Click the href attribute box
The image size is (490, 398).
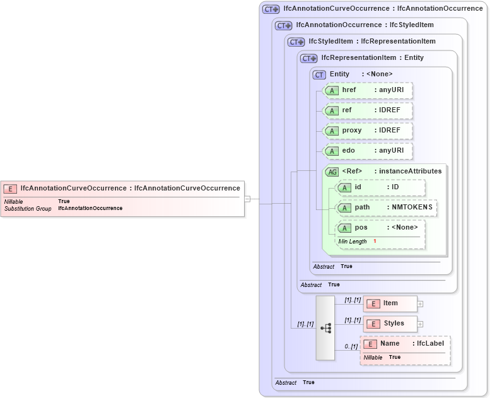[367, 90]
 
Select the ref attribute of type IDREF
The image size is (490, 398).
[367, 110]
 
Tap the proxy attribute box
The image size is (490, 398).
[367, 131]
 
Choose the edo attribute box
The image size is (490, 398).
[367, 151]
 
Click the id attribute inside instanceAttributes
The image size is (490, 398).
[380, 187]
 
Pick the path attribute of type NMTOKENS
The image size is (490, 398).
[385, 208]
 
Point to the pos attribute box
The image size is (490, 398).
[380, 228]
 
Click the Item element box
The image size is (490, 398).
[390, 303]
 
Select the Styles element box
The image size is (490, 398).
[390, 324]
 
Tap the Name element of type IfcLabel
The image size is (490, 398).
[405, 344]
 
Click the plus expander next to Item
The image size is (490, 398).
[421, 304]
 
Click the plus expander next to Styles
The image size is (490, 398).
[421, 324]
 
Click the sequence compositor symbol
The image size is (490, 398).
[325, 328]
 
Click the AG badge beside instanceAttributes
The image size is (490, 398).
[332, 172]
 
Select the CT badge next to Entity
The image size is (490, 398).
[320, 74]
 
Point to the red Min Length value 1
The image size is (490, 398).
[375, 242]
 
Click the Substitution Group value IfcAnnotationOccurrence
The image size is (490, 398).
[90, 208]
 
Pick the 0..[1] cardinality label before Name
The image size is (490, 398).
[351, 346]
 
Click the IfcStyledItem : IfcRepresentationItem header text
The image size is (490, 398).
[372, 42]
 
